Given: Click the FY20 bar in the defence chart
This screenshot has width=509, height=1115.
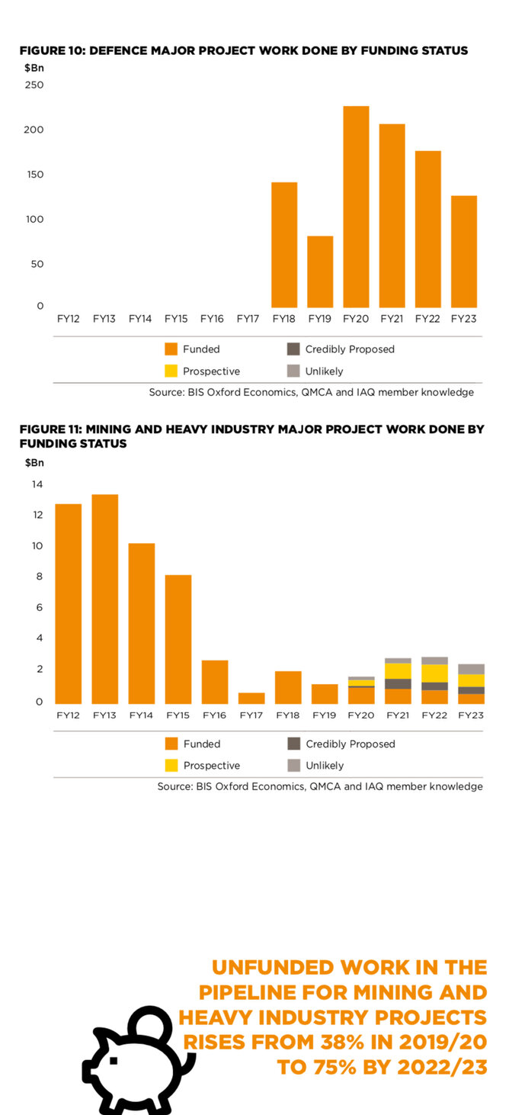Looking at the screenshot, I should coord(356,207).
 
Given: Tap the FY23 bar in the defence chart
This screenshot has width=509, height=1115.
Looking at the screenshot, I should coord(464,252).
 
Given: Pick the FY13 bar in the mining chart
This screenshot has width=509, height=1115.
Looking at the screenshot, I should coord(105,599).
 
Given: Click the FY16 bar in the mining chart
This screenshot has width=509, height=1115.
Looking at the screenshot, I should coord(215,682).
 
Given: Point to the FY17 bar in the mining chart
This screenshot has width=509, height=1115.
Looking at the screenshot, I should coord(251,698).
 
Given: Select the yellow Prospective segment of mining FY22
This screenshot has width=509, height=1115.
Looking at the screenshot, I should coord(434,673).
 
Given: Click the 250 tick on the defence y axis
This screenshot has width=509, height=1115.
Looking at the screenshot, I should coord(34,85).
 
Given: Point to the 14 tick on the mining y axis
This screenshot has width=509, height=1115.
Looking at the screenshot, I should coord(37,484).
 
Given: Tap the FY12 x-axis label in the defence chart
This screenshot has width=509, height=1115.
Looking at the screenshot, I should coord(69,318).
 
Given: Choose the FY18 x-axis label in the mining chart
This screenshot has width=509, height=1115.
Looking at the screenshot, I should coord(287,715).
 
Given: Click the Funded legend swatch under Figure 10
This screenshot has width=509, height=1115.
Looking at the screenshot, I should coord(171,349).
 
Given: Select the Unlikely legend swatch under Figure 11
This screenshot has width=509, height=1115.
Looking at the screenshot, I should coord(293,765).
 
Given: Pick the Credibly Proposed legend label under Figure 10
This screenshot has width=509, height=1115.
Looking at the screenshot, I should coord(350,349).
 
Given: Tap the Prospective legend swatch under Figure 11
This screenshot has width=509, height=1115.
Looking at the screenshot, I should coord(171,765).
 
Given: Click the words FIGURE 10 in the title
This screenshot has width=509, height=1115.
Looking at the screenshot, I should coord(51,50).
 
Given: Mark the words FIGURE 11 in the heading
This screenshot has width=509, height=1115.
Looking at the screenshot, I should coord(50,429).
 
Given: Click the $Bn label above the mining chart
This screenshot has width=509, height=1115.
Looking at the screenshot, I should coord(34,462).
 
